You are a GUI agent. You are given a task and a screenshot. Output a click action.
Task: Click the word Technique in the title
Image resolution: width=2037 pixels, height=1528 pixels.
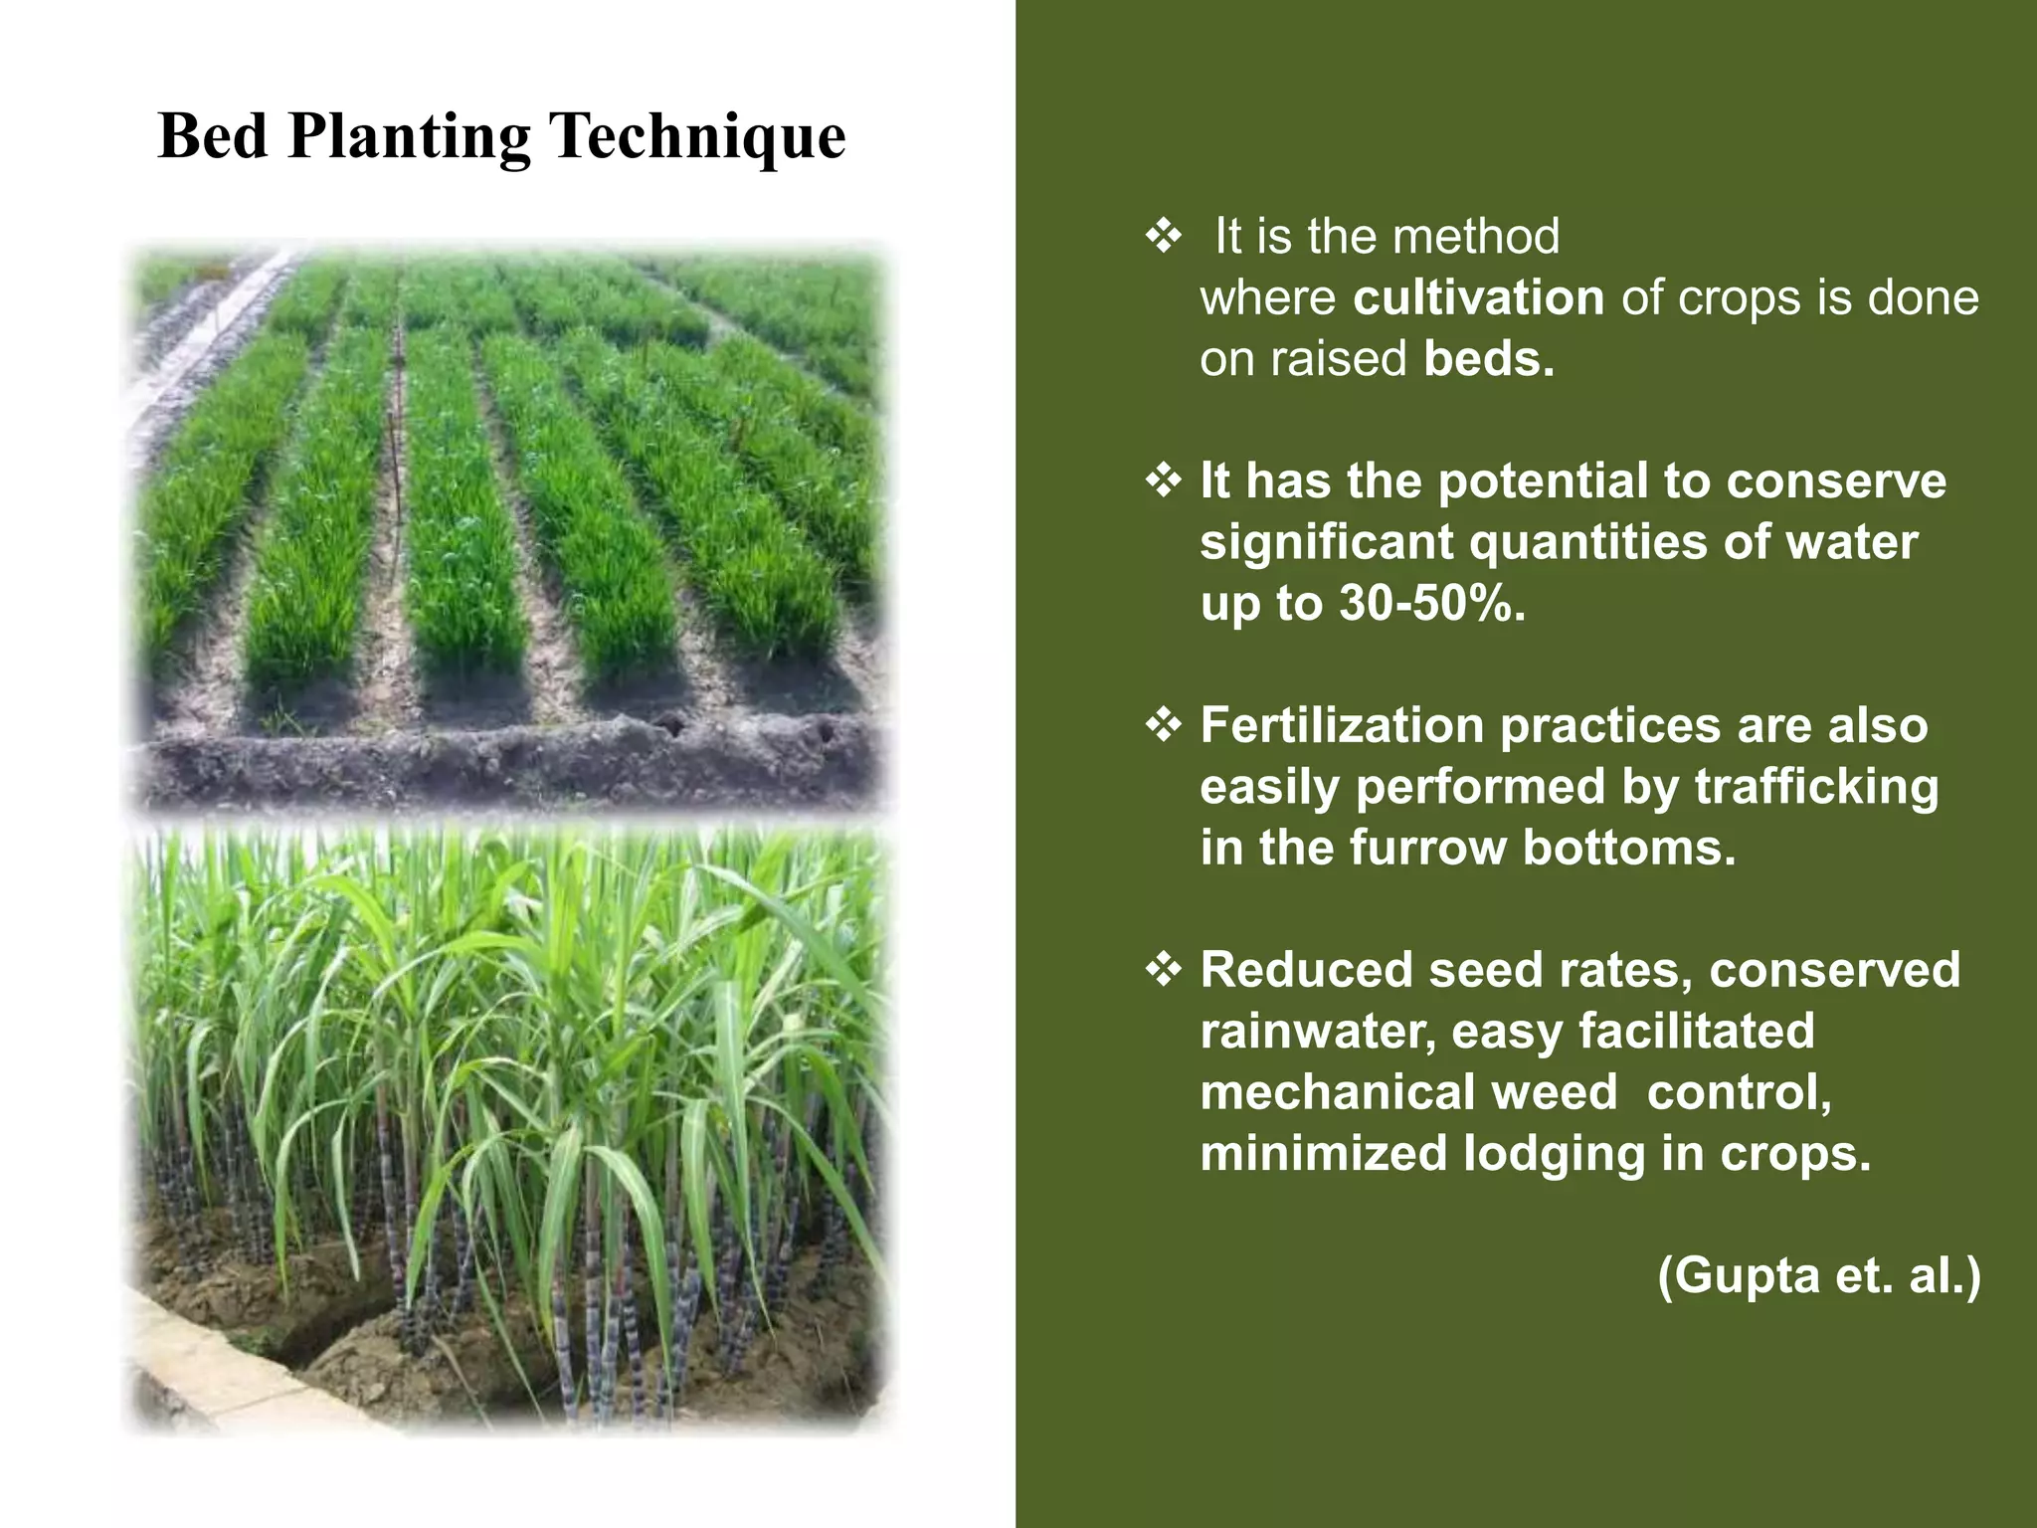tap(697, 136)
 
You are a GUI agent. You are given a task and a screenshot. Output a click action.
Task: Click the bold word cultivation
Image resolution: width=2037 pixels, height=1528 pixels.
tap(1478, 298)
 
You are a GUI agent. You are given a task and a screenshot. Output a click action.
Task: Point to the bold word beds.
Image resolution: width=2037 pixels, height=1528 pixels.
tap(1488, 359)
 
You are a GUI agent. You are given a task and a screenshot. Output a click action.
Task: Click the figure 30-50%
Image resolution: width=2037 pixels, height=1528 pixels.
tap(1431, 604)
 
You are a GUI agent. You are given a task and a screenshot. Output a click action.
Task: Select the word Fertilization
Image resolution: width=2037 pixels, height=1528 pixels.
tap(1342, 725)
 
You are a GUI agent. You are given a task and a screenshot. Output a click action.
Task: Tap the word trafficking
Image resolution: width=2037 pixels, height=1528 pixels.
tap(1816, 787)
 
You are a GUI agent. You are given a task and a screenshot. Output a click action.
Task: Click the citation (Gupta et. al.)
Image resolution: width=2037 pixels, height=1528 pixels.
tap(1819, 1275)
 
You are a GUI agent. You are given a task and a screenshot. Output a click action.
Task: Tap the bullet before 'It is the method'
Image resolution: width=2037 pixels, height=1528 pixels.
tap(1163, 237)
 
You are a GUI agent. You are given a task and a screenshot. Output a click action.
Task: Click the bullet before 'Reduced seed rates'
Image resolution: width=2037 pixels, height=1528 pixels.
tap(1163, 970)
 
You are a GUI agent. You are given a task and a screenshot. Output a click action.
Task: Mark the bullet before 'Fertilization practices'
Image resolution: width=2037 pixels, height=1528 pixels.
tap(1163, 725)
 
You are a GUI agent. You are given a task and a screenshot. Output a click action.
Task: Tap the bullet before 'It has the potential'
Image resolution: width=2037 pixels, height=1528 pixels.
tap(1163, 481)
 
